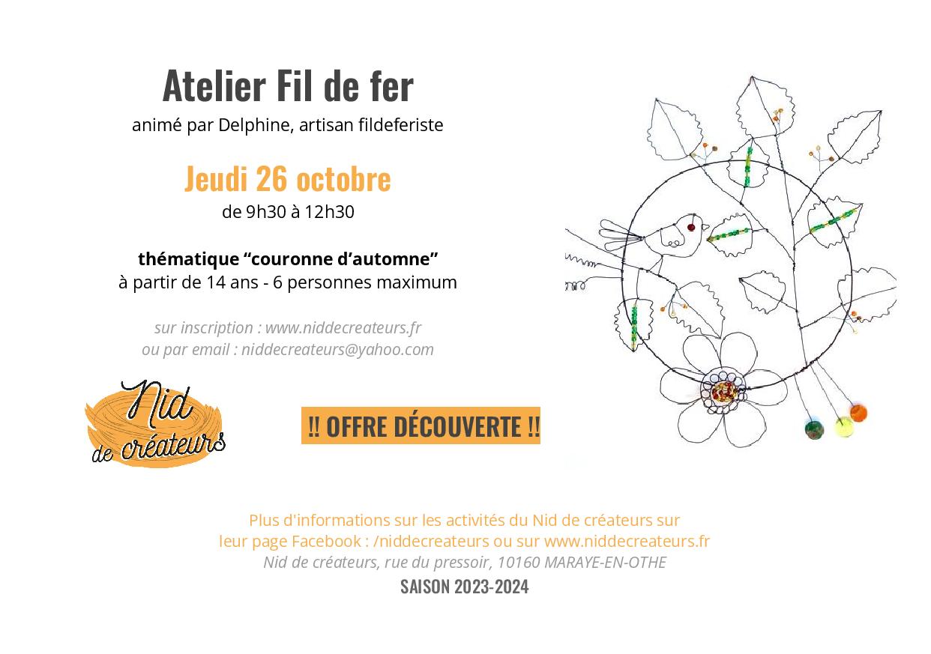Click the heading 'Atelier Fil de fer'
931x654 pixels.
pos(288,86)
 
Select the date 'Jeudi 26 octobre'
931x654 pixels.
pos(288,178)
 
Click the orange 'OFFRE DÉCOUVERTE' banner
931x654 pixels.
pos(421,426)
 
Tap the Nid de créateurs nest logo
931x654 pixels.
pos(154,424)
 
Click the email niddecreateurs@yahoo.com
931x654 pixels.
pos(337,349)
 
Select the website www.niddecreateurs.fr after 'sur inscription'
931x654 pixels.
pos(343,328)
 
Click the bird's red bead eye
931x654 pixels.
pos(691,227)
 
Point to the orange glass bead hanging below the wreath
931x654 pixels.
pos(858,413)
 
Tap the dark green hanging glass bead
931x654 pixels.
pos(814,429)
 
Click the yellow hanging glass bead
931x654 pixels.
pos(844,427)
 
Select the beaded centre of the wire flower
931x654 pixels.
pos(723,391)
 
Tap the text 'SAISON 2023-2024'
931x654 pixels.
pos(464,587)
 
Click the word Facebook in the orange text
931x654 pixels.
pos(326,541)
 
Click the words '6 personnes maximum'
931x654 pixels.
pos(364,282)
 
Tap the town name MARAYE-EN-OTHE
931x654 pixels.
pos(605,562)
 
